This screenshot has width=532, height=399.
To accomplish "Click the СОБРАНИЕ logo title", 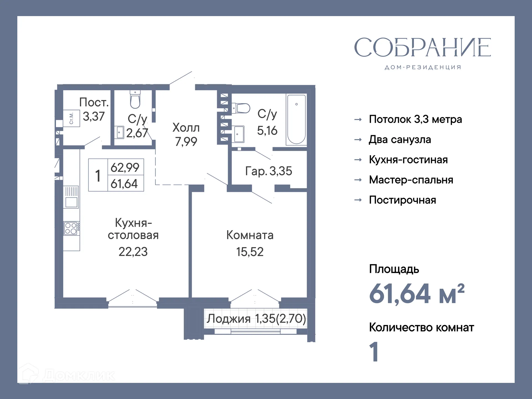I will coord(422,47).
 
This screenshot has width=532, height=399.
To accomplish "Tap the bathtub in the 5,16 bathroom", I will coord(296,119).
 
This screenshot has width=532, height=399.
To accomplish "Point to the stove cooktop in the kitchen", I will coord(71,228).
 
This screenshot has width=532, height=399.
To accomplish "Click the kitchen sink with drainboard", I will coord(71,197).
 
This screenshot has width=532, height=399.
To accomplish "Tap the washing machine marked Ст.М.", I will coord(71,118).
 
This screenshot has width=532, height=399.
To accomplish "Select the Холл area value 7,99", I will coord(186,142).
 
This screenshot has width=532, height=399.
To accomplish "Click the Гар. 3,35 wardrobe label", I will coord(268,171).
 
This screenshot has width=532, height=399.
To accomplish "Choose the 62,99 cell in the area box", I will coord(125,167).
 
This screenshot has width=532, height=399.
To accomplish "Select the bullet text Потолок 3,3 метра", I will coord(415,119).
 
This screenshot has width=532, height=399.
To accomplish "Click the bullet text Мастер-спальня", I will coord(411,180).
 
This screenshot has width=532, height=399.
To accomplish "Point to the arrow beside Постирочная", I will coord(358,200).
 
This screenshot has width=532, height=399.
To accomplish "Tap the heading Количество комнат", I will coord(421,328).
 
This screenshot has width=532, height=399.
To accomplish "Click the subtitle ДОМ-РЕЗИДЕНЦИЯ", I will coord(423,67).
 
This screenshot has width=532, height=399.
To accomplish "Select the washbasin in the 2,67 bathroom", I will coord(119,132).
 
